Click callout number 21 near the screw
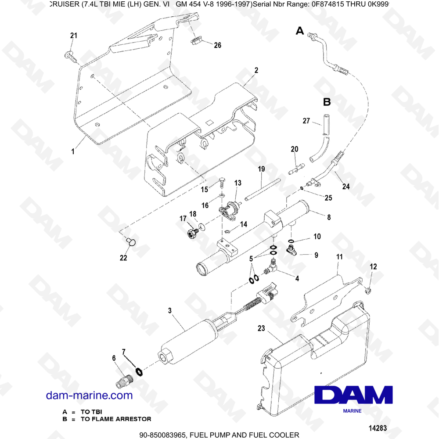(74, 36)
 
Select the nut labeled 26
(194, 42)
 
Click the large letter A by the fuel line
(300, 31)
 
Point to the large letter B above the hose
(327, 102)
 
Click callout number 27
(306, 121)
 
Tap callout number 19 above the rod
(261, 169)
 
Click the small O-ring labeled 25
(302, 188)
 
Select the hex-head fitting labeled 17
(192, 233)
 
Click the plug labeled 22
(131, 241)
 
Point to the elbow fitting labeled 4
(270, 266)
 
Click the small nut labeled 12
(368, 291)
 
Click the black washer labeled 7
(139, 372)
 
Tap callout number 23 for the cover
(261, 328)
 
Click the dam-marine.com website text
(89, 396)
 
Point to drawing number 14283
(378, 428)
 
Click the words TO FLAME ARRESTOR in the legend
(116, 419)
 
